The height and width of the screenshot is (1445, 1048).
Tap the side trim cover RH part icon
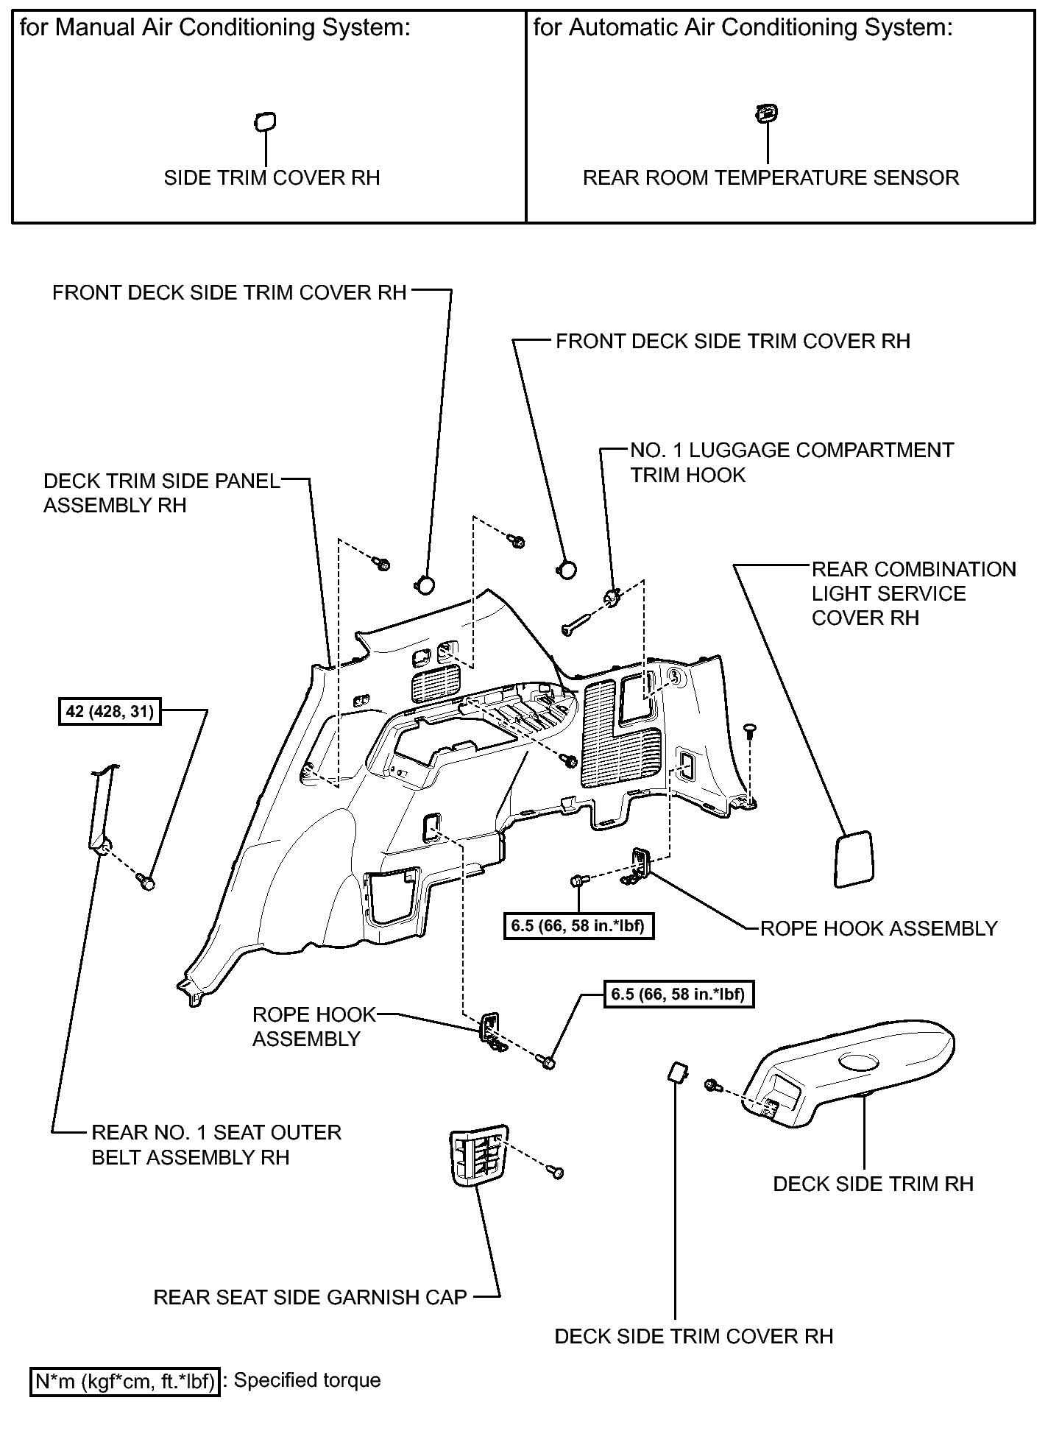point(265,121)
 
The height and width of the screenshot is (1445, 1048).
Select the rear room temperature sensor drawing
point(767,113)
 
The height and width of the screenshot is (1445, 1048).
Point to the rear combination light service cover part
point(853,859)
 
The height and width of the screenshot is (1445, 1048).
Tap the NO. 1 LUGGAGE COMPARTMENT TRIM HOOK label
point(792,462)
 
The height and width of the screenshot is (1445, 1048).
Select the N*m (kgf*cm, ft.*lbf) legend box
point(124,1382)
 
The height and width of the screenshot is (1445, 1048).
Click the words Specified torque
point(308,1380)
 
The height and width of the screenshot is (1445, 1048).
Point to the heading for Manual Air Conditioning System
point(214,28)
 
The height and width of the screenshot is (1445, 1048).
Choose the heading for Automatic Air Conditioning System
point(743,28)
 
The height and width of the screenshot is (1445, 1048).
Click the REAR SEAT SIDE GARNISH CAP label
point(310,1297)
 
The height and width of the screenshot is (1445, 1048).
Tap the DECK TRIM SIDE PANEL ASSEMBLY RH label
point(162,493)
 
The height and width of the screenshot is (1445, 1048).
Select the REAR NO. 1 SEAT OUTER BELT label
point(216,1145)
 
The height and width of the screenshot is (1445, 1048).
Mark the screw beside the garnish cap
point(557,1171)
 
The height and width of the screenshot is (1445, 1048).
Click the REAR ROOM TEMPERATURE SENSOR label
point(771,178)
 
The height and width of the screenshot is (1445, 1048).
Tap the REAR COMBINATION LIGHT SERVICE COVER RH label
point(913,593)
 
